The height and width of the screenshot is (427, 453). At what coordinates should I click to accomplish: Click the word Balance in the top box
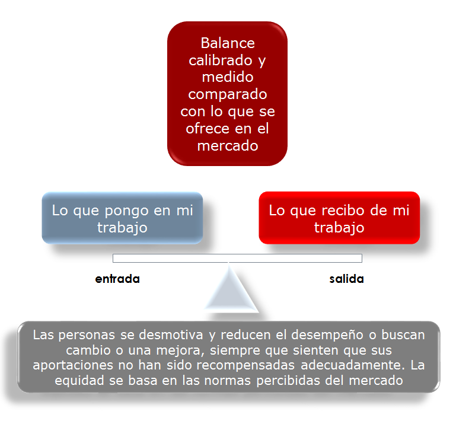[228, 43]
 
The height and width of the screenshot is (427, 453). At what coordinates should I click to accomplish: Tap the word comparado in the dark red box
[228, 95]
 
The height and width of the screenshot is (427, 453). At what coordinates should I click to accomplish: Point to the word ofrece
[207, 128]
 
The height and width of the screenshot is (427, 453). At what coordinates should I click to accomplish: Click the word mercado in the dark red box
[228, 146]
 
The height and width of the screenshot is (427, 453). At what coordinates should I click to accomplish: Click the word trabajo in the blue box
[122, 228]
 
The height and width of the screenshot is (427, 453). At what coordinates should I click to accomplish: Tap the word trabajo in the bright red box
[339, 228]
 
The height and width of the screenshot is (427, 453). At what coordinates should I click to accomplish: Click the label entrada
[117, 279]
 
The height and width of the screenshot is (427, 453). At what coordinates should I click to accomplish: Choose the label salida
[346, 279]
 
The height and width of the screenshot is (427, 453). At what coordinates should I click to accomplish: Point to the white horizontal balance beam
[237, 258]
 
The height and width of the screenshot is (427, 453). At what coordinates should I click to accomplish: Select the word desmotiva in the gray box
[171, 335]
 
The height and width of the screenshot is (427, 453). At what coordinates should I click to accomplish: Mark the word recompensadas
[245, 365]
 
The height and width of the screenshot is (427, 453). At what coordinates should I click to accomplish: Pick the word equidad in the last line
[79, 381]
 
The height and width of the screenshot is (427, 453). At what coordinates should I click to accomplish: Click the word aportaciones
[73, 365]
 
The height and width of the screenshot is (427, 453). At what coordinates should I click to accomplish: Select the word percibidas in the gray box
[288, 381]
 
